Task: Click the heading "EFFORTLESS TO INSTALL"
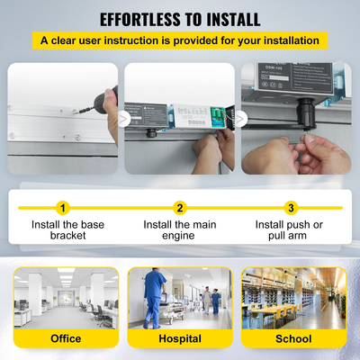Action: click(180, 19)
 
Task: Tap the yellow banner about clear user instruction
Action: click(180, 40)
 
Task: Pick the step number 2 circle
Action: click(180, 208)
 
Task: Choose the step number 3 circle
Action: click(290, 208)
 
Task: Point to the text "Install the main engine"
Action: click(180, 229)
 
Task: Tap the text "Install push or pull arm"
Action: click(290, 229)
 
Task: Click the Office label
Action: click(65, 339)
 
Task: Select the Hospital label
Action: click(179, 339)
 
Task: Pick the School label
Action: click(293, 339)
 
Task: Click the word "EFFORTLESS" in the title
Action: click(140, 19)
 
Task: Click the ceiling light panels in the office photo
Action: click(65, 274)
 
